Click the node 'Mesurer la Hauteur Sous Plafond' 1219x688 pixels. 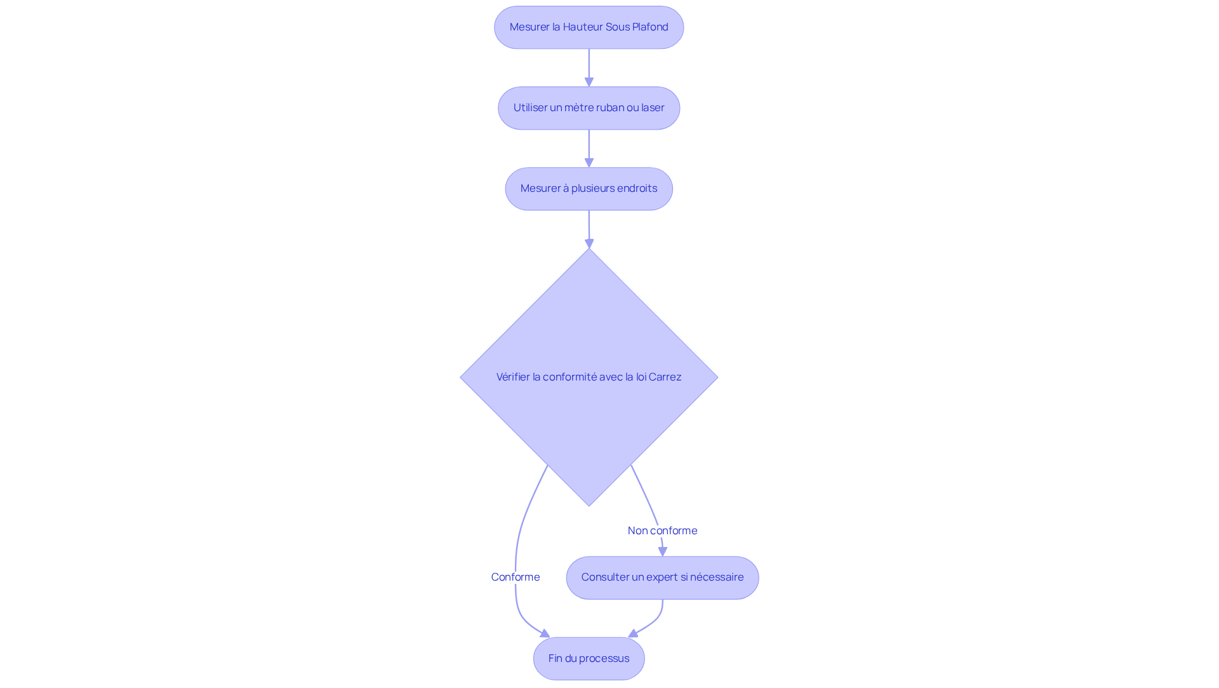point(589,27)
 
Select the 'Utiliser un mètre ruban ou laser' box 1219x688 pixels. point(589,108)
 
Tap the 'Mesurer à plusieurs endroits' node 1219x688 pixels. point(589,189)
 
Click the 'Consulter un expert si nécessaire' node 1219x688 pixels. point(662,577)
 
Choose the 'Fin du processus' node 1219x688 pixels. point(589,658)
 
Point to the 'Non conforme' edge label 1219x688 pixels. point(662,530)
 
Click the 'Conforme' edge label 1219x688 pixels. point(516,577)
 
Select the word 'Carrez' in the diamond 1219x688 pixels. point(665,377)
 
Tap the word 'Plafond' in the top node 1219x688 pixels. point(650,27)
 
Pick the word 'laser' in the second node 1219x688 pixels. point(653,107)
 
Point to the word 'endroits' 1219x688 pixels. point(636,188)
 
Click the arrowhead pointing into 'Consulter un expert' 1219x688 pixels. point(662,551)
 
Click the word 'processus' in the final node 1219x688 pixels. point(603,658)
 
